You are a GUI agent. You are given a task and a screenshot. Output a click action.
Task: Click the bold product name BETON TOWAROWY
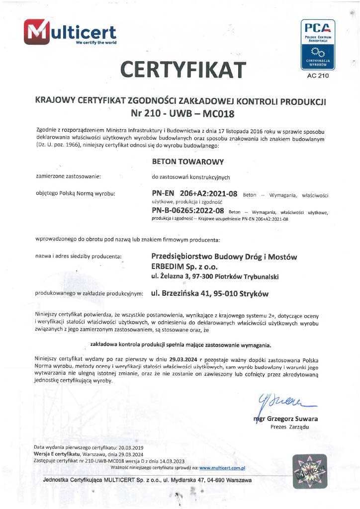pyautogui.click(x=187, y=162)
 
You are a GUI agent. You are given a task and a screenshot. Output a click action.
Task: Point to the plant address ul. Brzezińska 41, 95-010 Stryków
pyautogui.click(x=209, y=294)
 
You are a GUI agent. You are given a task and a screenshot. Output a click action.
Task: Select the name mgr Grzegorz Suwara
pyautogui.click(x=285, y=419)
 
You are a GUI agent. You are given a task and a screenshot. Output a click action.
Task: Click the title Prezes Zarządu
pyautogui.click(x=290, y=427)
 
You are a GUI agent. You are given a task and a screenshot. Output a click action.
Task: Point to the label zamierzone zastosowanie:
pyautogui.click(x=68, y=176)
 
